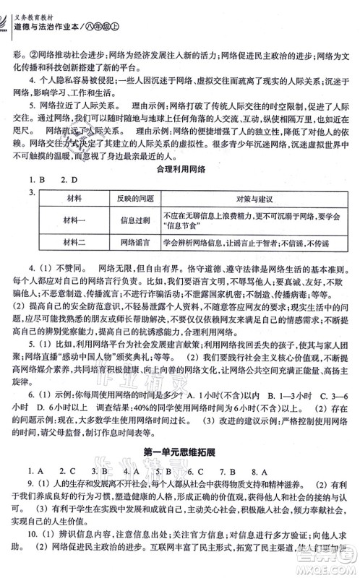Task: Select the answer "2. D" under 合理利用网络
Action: click(x=69, y=179)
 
